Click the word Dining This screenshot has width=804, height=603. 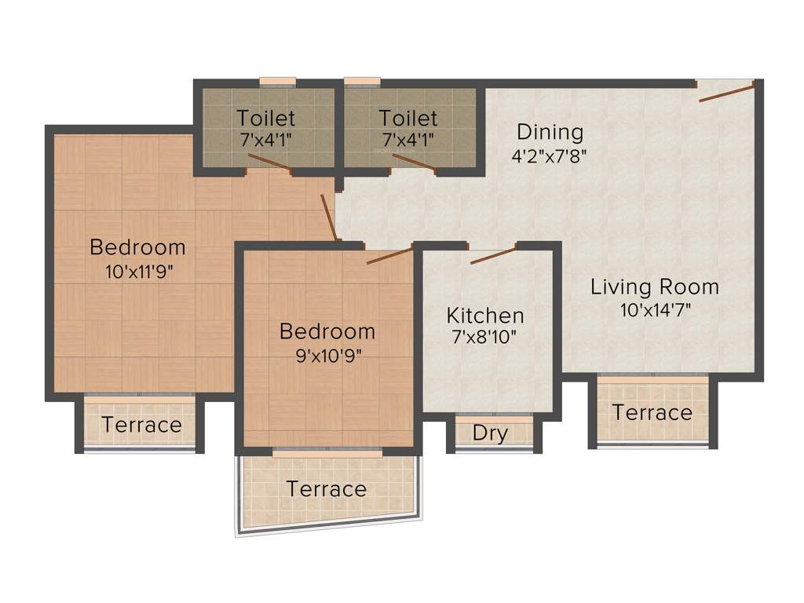(550, 132)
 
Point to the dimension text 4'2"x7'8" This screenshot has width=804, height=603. (550, 155)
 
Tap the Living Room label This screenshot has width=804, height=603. (655, 287)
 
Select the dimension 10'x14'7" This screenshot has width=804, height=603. (655, 309)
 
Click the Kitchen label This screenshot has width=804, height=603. (485, 316)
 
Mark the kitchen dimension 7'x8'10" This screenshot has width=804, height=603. (485, 338)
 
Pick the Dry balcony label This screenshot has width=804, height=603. (490, 433)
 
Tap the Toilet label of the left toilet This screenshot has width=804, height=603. (266, 119)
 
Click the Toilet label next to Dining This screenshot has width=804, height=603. (408, 119)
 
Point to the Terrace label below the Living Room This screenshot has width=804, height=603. (652, 412)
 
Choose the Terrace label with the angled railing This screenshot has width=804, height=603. (326, 489)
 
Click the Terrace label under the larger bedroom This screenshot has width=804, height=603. (141, 425)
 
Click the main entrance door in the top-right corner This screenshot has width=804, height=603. (727, 91)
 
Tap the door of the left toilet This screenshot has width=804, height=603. (270, 163)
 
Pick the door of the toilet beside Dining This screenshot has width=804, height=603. (414, 163)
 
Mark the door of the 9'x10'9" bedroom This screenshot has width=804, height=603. (389, 255)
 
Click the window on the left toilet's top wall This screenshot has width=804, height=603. (277, 82)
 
